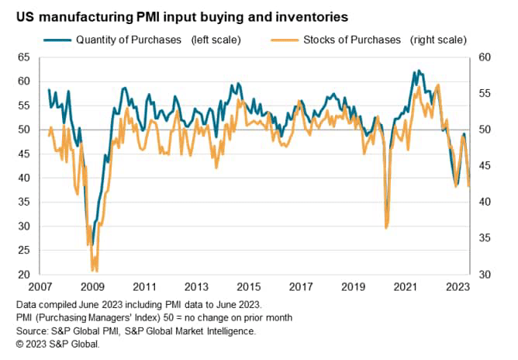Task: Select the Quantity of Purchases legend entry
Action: tap(128, 40)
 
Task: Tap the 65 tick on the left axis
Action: tap(23, 57)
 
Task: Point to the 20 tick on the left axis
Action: tap(23, 275)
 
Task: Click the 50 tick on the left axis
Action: tap(23, 130)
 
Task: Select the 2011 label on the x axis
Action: tap(146, 286)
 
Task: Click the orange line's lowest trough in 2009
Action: tap(94, 271)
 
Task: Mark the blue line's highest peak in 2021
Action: tap(419, 71)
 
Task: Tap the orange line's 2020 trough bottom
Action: tap(386, 228)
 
